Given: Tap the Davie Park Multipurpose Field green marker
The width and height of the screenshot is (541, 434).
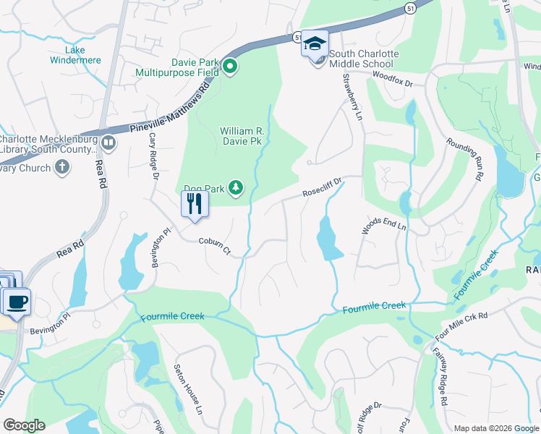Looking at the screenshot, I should coord(230,67).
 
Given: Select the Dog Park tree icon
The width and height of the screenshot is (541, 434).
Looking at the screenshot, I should coord(236,188).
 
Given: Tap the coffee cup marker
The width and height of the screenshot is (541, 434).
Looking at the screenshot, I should coord(17,300).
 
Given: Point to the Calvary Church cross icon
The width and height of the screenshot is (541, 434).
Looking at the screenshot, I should coord(63,168).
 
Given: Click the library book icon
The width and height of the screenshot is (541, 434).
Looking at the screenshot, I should coord(108,142).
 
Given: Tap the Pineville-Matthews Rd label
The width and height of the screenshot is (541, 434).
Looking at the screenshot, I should coord(169,108).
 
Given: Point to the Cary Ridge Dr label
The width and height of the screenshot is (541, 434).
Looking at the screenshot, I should coord(153,156).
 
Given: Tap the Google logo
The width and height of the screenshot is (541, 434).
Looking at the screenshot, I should coord(24,425).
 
